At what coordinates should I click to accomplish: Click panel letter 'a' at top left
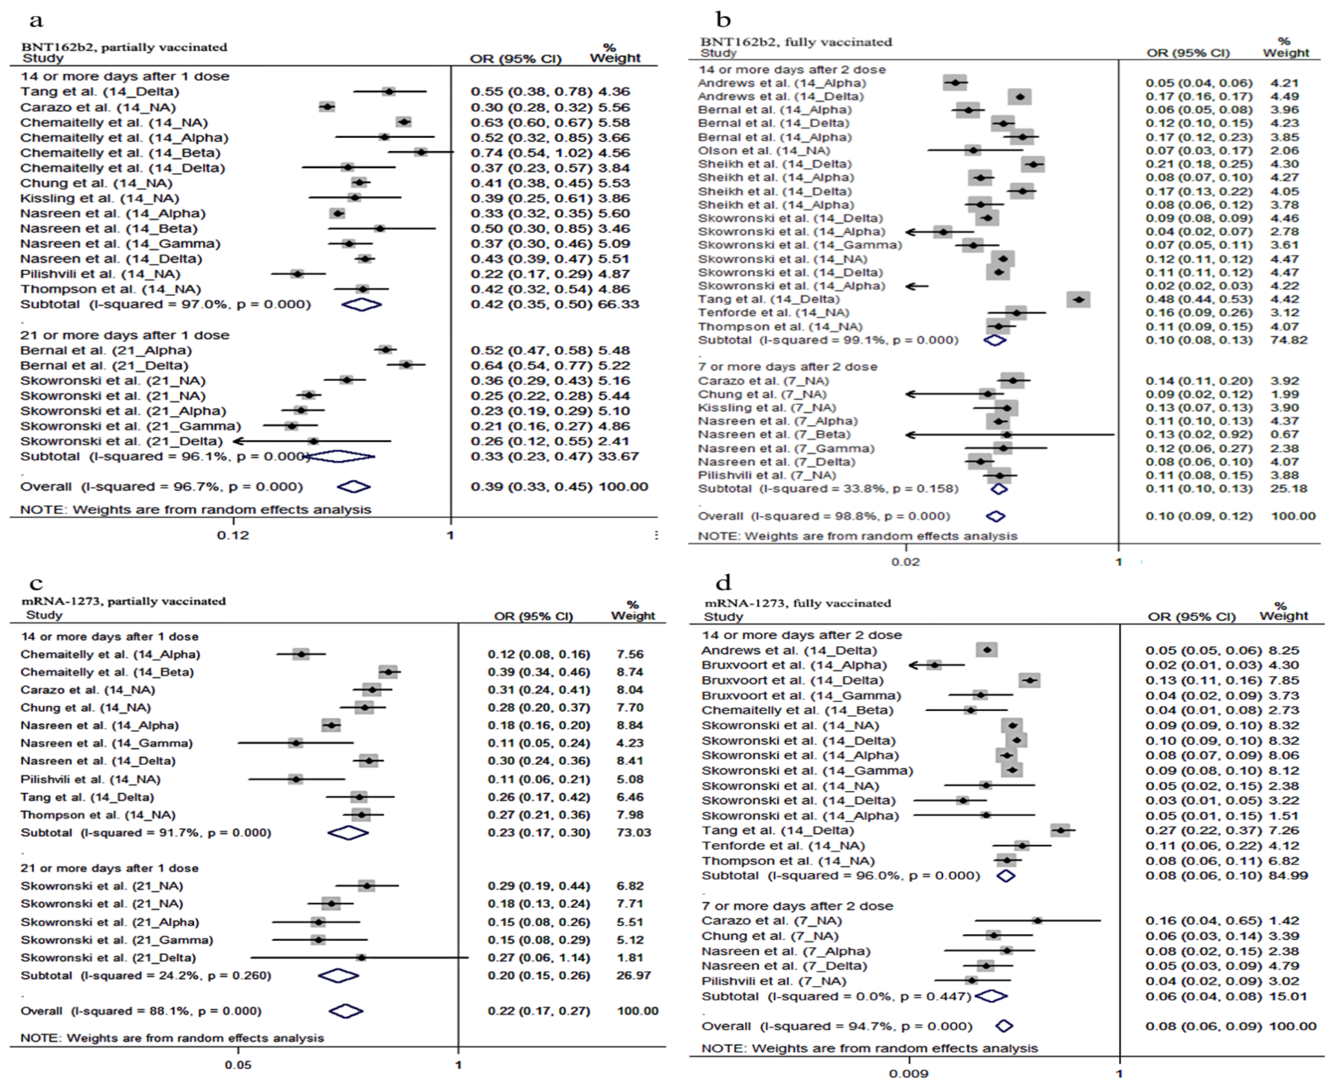coord(36,21)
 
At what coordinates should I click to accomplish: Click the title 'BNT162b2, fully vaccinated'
coord(796,42)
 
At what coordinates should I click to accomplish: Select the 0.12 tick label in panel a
coord(233,535)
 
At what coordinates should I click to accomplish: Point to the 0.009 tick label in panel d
coord(908,1073)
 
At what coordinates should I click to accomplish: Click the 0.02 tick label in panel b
coord(905,561)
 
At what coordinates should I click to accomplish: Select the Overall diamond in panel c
coord(346,1011)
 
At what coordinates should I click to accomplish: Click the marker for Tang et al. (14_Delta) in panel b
coord(1079,300)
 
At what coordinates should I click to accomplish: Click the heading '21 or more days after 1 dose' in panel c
coord(109,868)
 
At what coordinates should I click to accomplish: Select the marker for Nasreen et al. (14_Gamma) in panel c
coord(296,743)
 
